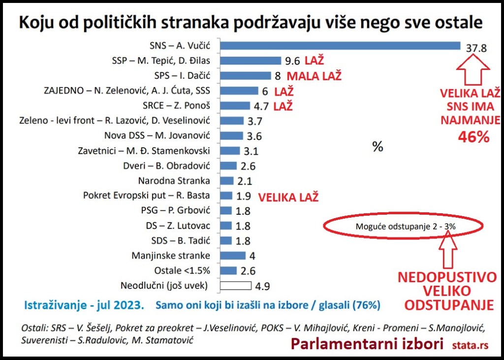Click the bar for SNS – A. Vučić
point(340,46)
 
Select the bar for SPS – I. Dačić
point(246,76)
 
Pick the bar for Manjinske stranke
point(233,255)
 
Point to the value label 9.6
point(292,61)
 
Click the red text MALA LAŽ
point(314,76)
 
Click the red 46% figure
point(473,137)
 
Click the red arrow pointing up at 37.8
point(472,69)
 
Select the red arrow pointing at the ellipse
point(449,249)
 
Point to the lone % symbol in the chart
point(378,147)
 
